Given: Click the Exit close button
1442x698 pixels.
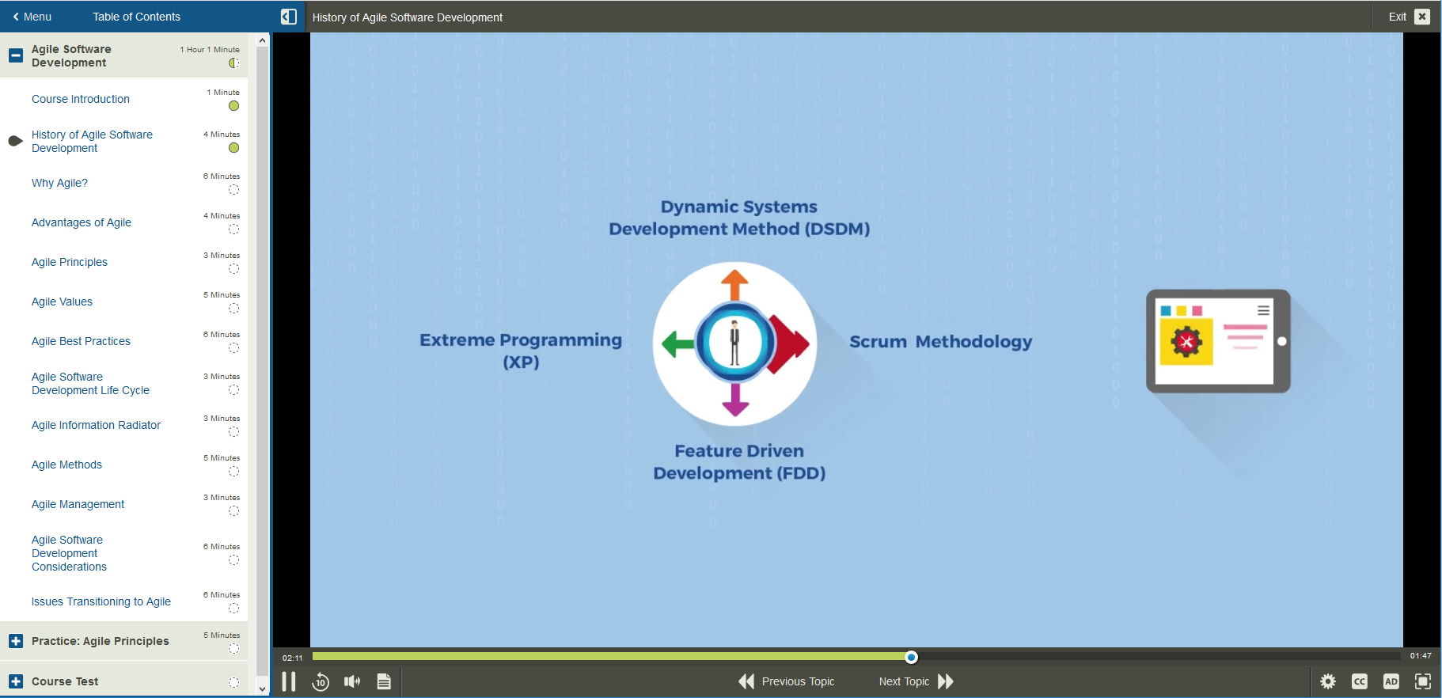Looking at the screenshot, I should click(x=1421, y=17).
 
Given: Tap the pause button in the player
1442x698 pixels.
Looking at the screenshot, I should click(x=289, y=681).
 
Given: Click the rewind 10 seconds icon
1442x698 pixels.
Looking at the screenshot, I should click(x=321, y=681).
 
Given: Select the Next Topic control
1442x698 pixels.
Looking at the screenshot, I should click(x=916, y=681).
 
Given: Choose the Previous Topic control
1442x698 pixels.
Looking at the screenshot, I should click(x=787, y=681).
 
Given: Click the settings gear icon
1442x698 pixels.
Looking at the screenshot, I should click(x=1328, y=681).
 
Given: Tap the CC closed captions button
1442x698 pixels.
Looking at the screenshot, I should click(x=1360, y=681).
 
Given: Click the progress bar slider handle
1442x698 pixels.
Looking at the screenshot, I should click(x=911, y=657).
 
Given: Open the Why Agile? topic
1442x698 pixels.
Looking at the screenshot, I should click(x=59, y=183).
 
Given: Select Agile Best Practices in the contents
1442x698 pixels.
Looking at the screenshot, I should click(x=81, y=341).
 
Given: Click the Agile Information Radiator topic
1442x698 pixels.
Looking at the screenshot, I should click(x=96, y=425).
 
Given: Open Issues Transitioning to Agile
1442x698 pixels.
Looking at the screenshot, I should click(x=101, y=601).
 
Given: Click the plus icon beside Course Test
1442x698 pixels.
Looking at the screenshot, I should click(x=16, y=681).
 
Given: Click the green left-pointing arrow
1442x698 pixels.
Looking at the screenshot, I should click(x=677, y=343).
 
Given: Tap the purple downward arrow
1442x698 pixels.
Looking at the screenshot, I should click(x=735, y=400).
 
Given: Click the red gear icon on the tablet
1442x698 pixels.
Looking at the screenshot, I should click(x=1186, y=342).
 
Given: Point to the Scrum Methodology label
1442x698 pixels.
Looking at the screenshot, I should click(x=940, y=342).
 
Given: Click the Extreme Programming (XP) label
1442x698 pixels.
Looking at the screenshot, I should click(x=521, y=351).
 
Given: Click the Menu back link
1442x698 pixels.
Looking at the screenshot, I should click(x=32, y=17).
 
